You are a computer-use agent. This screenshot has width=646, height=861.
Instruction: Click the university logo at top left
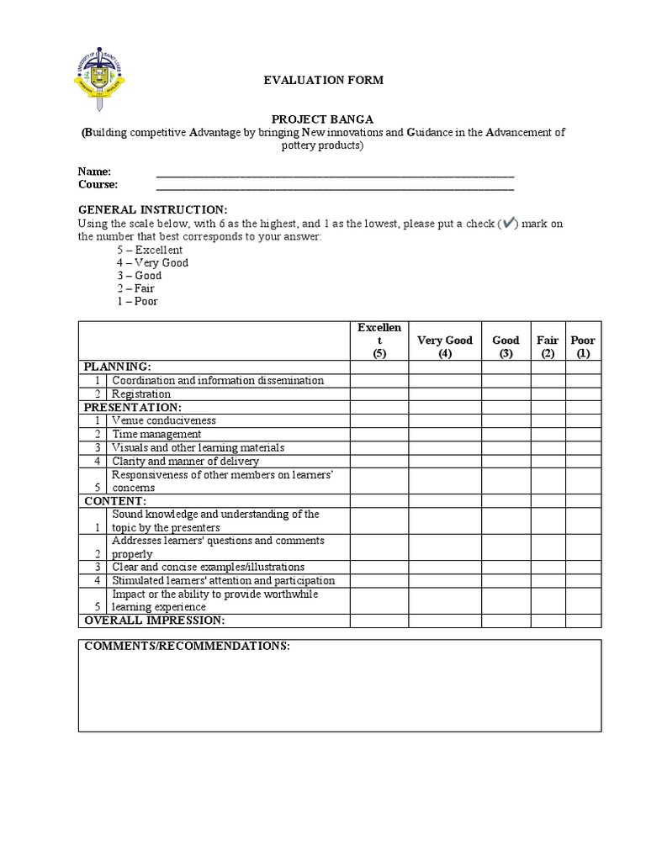(x=98, y=80)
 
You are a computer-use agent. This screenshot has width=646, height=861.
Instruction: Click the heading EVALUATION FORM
(x=324, y=80)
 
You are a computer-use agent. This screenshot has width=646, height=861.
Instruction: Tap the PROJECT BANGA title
(x=323, y=119)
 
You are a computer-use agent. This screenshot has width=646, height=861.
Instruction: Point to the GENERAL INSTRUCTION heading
(x=152, y=209)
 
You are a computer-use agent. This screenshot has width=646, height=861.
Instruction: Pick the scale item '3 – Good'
(x=139, y=276)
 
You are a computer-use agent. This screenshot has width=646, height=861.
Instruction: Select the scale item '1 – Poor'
(x=137, y=301)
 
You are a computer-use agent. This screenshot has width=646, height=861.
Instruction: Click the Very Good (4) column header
(x=445, y=346)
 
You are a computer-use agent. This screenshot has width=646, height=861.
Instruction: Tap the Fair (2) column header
(x=548, y=346)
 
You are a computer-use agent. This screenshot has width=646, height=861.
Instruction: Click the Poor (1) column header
(x=583, y=346)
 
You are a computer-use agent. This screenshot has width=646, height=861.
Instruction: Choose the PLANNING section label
(x=116, y=367)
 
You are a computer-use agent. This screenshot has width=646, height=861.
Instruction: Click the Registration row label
(x=140, y=394)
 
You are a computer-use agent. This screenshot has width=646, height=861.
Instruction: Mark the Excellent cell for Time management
(x=379, y=434)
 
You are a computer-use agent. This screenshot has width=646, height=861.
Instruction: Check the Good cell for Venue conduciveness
(x=506, y=420)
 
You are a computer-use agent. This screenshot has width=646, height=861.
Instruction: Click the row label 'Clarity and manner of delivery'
(x=185, y=461)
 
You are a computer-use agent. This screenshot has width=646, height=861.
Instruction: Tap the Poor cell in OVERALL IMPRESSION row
(x=583, y=621)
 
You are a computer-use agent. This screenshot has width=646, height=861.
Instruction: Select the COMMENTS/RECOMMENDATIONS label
(x=187, y=647)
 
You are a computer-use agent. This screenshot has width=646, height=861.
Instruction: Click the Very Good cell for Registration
(x=445, y=394)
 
